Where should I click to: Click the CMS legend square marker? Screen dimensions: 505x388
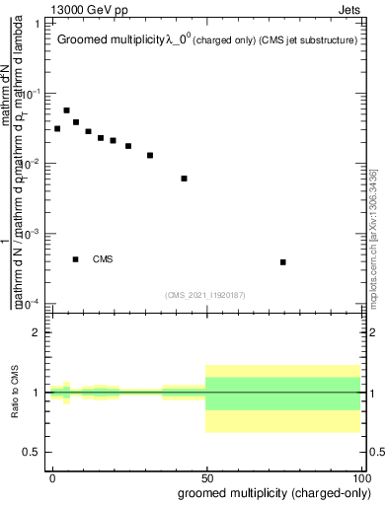tap(76, 259)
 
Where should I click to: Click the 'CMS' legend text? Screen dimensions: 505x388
tap(103, 259)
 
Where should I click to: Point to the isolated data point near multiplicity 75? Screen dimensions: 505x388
tap(283, 262)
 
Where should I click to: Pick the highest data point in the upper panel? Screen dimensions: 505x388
tap(66, 110)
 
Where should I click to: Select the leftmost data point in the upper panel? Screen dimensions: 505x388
tap(57, 129)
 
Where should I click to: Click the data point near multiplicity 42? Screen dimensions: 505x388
tap(185, 179)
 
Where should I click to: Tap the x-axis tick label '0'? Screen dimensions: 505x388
tap(51, 476)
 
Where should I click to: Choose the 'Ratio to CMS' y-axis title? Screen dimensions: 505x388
tap(15, 392)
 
